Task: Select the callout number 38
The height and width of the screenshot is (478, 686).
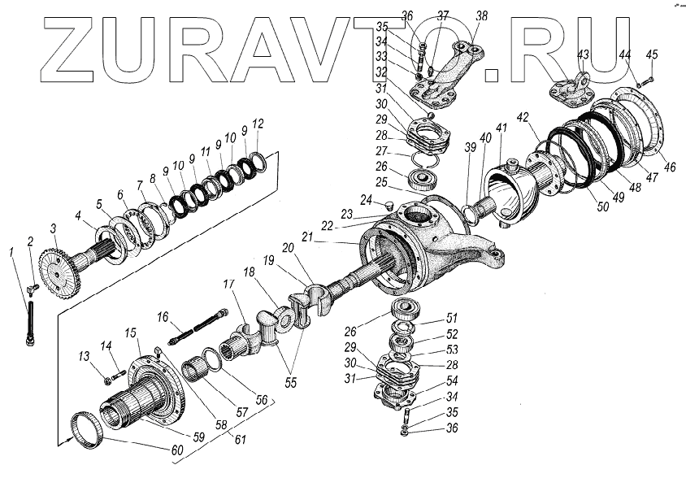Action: click(x=481, y=15)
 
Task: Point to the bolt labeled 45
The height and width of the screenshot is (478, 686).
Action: click(x=643, y=80)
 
